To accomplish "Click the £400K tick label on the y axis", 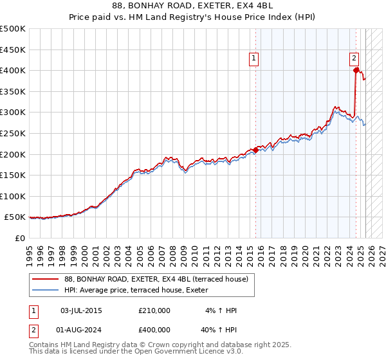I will (13, 70).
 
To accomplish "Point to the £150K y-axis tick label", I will (13, 175).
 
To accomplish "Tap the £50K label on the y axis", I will (15, 217).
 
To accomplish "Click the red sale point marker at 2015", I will (255, 150).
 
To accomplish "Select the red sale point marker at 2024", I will (356, 70).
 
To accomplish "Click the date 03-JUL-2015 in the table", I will (81, 310).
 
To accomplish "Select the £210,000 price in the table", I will (154, 310).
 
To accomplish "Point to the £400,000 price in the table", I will (154, 331).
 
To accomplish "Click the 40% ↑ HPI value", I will (219, 331).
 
